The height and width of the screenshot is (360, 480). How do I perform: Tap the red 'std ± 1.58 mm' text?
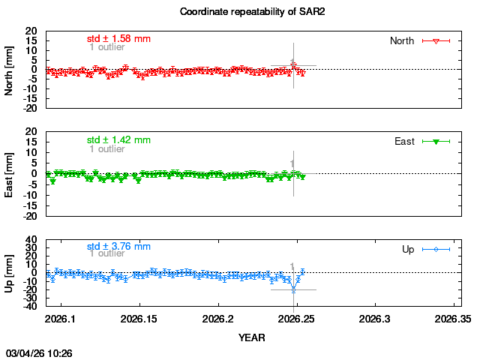(118, 38)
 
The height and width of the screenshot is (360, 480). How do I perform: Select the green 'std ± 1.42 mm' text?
(118, 139)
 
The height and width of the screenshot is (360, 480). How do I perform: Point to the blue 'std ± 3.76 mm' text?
(118, 246)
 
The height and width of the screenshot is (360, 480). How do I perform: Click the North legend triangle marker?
(436, 40)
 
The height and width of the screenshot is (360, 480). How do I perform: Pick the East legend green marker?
(436, 141)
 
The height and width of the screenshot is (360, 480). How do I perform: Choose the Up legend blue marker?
(436, 249)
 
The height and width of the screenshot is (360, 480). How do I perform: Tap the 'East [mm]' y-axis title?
(9, 173)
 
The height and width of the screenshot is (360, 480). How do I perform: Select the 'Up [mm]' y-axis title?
(9, 273)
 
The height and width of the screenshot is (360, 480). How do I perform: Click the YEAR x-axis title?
(253, 337)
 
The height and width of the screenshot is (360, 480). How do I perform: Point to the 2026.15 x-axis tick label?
(139, 318)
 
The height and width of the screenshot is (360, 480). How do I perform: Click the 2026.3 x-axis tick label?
(375, 318)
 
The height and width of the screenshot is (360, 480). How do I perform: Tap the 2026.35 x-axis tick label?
(453, 318)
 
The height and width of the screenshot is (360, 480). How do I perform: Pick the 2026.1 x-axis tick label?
(61, 318)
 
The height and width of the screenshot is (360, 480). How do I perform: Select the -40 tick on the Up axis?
(31, 305)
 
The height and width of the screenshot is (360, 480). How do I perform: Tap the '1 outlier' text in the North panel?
(107, 47)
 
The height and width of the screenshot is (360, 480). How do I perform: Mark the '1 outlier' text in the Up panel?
(107, 253)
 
